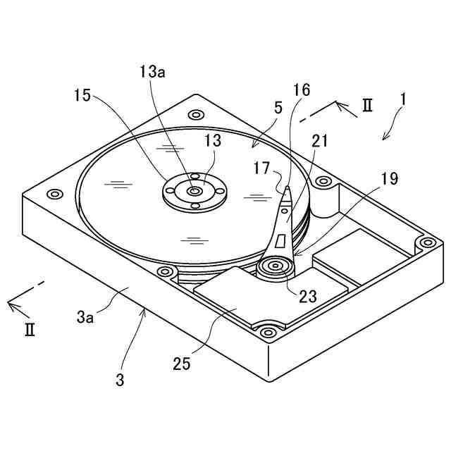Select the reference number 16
tap(301, 89)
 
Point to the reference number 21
tap(320, 141)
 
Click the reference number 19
tap(389, 180)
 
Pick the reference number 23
tap(307, 297)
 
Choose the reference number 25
tap(182, 364)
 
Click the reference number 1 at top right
tap(402, 100)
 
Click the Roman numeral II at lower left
tap(30, 330)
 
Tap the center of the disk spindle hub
tap(192, 189)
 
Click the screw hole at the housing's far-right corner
tap(426, 242)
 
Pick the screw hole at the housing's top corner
tap(193, 113)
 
